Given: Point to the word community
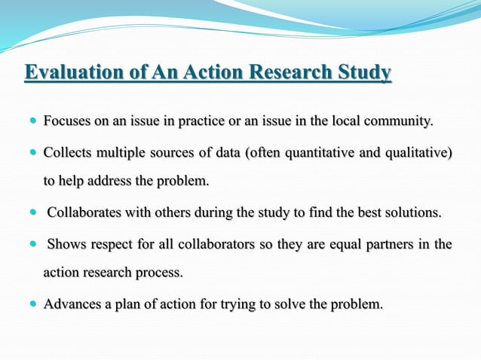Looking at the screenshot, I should click(x=400, y=121).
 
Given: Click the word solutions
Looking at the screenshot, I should click(x=412, y=212).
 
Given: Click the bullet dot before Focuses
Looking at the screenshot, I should click(x=32, y=121).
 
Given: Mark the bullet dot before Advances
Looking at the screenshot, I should click(x=32, y=305).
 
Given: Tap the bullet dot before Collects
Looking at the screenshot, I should click(x=32, y=154).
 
